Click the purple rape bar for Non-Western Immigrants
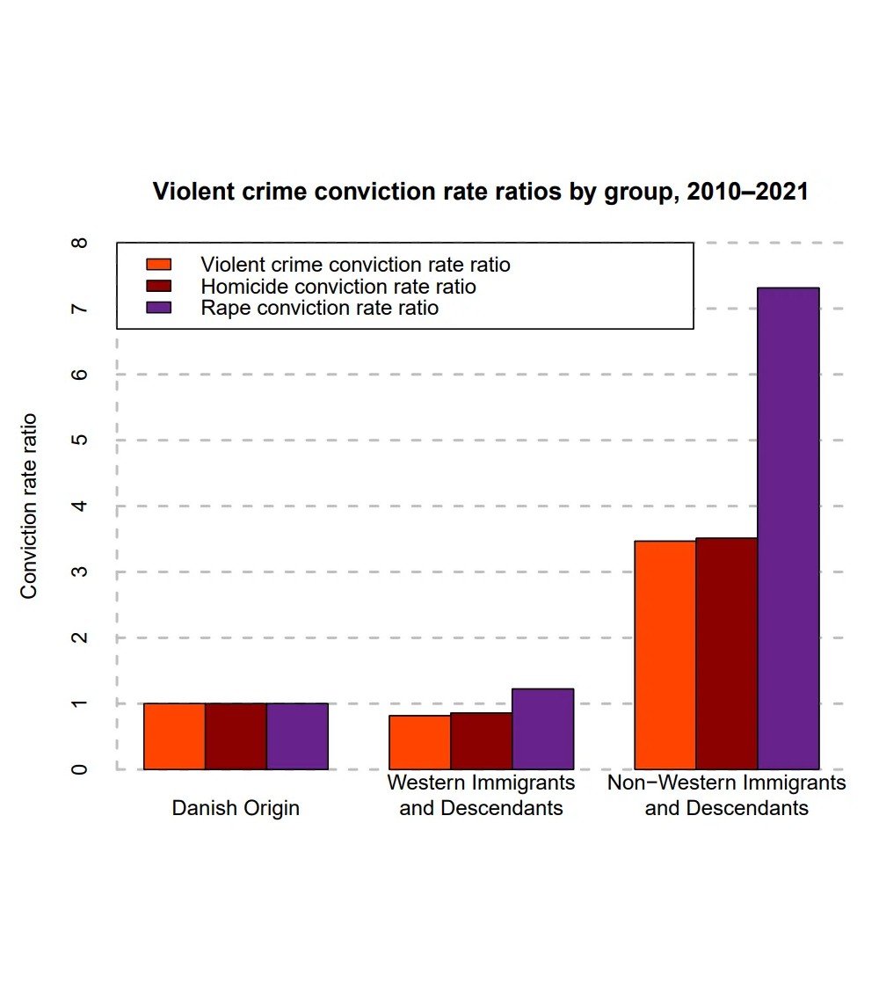point(788,528)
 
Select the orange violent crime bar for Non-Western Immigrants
point(665,655)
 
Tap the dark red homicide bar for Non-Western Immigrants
point(726,653)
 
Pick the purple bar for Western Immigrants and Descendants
point(542,729)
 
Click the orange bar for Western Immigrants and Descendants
point(419,742)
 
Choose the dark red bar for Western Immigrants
point(481,741)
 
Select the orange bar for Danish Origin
point(174,736)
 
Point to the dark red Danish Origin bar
point(236,736)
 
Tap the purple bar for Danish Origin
point(297,736)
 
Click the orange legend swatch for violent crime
point(160,264)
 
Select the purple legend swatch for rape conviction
point(160,308)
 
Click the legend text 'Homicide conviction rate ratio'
point(338,287)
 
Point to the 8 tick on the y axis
point(81,243)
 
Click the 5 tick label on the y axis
point(81,440)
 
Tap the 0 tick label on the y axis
point(81,769)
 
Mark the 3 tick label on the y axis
point(81,572)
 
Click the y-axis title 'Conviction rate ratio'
point(29,506)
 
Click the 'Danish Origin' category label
point(236,808)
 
